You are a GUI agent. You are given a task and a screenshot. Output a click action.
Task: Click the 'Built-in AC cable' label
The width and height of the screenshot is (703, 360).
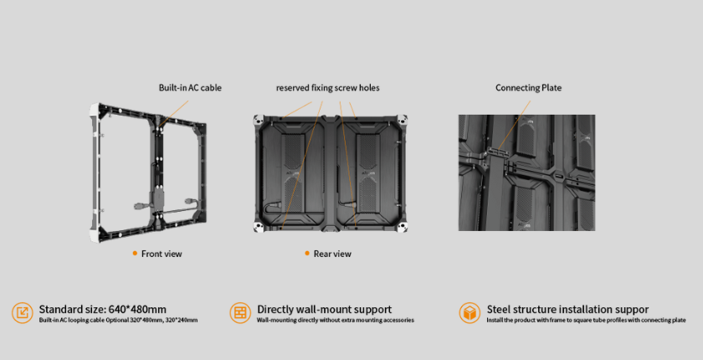[x=190, y=88]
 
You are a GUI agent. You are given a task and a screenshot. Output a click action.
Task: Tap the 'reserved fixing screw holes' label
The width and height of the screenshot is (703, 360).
[x=328, y=88]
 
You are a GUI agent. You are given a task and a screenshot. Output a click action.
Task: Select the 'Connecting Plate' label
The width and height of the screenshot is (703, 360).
[x=529, y=88]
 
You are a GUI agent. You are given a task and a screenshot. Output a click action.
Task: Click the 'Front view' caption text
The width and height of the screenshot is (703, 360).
[x=162, y=254]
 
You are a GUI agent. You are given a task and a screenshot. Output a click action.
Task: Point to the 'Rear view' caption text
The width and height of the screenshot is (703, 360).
[x=332, y=254]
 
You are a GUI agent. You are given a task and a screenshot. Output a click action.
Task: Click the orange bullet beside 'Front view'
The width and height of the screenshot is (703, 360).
[x=135, y=254]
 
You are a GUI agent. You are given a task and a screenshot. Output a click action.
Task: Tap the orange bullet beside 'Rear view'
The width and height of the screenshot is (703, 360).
[x=307, y=254]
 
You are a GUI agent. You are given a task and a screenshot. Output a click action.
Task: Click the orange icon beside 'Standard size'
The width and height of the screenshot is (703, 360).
[x=23, y=312]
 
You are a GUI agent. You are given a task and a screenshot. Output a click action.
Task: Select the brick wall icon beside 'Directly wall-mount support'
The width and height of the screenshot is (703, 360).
[x=240, y=312]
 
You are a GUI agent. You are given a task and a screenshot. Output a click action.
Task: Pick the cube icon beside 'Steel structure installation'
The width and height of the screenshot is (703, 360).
[x=470, y=312]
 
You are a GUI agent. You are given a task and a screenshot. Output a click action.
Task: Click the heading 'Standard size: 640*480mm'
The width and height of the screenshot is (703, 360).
[x=103, y=309]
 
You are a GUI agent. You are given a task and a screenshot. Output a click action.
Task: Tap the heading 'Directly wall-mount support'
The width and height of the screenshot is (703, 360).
[x=324, y=309]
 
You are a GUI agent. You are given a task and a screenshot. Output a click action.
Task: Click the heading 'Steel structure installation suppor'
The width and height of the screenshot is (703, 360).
[x=567, y=309]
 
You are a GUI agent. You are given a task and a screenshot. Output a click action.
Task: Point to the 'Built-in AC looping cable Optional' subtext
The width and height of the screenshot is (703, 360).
[x=78, y=320]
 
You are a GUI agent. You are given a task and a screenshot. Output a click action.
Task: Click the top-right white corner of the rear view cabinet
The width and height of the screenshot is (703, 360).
[x=403, y=120]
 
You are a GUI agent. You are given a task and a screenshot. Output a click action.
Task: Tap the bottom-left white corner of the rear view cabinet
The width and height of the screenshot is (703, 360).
[x=259, y=227]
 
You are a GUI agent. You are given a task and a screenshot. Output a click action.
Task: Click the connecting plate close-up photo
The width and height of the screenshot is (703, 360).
[x=526, y=173]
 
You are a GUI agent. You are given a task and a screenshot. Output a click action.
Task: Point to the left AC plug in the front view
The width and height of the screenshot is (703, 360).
[x=140, y=206]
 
